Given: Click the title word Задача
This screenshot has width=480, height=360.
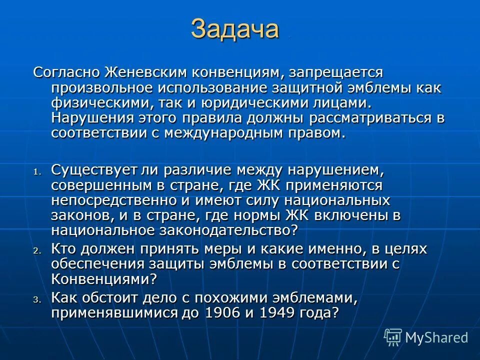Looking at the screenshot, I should pos(234,29).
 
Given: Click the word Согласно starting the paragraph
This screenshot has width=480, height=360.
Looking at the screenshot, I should pos(67,72).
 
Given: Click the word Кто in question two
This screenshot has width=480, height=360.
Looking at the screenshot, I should pos(64,248).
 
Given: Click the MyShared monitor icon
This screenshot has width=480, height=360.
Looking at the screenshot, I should pos(393,336).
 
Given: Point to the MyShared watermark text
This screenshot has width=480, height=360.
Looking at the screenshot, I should pos(436,337).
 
